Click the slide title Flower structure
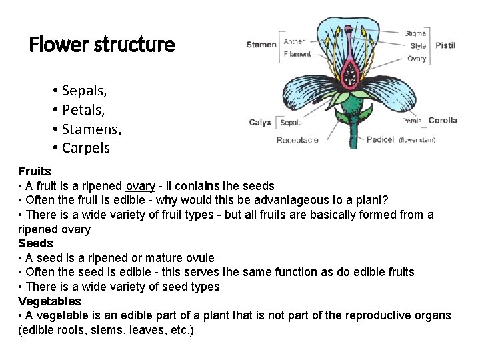102,45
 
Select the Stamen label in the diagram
261,45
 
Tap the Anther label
294,41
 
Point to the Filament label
297,54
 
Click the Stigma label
415,33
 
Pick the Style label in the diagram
418,46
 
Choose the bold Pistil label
445,45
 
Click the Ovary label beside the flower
417,59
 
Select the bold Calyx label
259,122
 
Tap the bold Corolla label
443,121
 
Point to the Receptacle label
297,140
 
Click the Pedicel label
380,140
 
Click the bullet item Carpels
86,147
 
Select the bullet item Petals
83,109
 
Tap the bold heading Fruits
35,171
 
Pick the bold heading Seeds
35,243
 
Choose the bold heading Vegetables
49,301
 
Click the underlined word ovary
141,186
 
